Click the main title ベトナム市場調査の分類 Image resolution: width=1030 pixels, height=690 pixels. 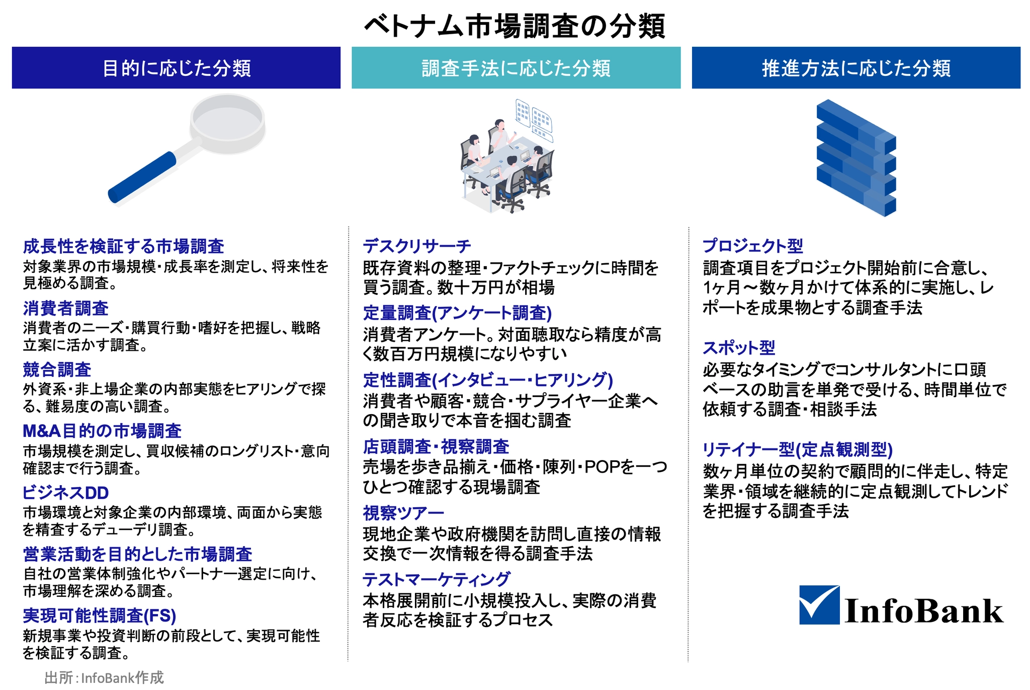515,26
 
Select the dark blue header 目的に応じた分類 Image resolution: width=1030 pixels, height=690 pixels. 176,68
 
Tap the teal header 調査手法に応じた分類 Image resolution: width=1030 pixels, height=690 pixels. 516,68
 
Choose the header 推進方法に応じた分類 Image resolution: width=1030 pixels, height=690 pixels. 856,68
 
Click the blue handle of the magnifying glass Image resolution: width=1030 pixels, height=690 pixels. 142,177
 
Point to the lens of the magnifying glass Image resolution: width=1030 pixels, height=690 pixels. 228,123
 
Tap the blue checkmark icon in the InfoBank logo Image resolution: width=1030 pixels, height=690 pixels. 819,604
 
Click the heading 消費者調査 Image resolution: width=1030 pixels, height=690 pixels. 65,308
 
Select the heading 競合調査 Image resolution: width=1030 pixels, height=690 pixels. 57,369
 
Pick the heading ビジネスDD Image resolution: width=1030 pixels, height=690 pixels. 65,493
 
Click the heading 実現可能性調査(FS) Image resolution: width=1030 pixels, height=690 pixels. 100,616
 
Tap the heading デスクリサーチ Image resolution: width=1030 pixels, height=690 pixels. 417,246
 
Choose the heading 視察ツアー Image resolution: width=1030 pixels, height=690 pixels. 403,513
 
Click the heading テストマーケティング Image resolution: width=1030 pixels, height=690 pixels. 437,579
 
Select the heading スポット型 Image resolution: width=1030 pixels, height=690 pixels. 739,347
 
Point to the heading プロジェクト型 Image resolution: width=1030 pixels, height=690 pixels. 752,246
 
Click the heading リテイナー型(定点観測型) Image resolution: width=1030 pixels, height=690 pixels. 798,449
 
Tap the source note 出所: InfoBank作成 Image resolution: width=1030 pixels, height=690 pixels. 104,678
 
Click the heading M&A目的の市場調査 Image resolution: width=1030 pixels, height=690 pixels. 102,431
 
